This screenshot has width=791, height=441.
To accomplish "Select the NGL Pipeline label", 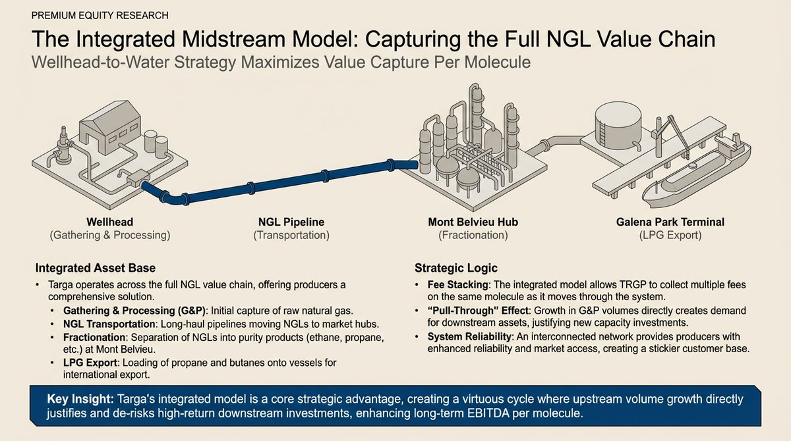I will [291, 223].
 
